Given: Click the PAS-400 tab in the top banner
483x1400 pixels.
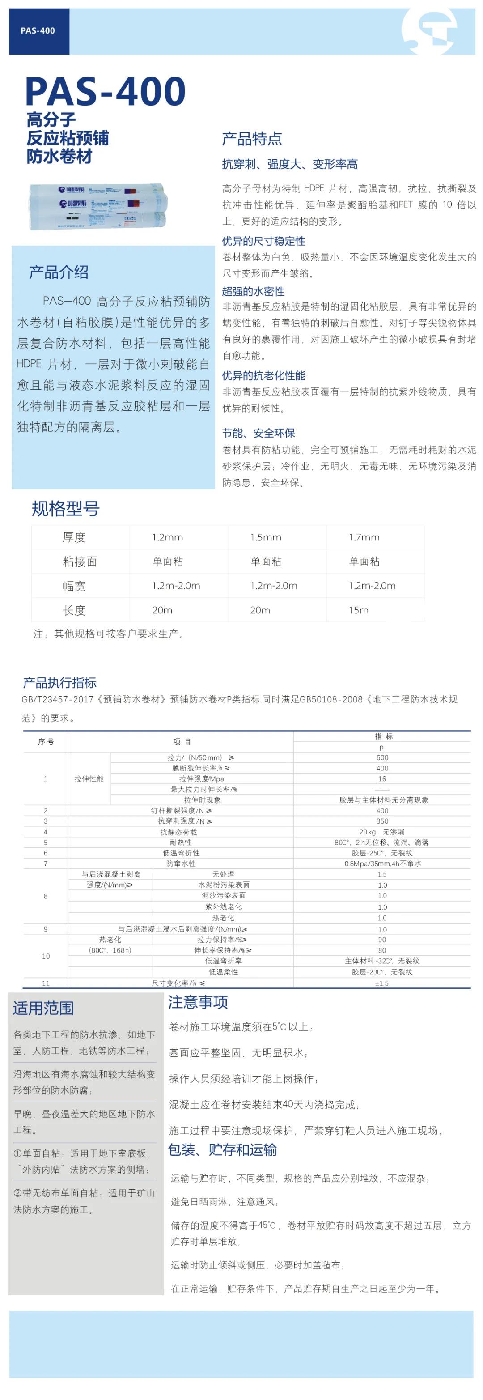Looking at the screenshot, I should coord(38,31).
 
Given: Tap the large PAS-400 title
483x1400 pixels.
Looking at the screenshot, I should coord(106,91).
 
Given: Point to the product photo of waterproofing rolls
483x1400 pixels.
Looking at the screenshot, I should coord(98,207).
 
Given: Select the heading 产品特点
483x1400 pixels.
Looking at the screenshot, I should coord(251,139).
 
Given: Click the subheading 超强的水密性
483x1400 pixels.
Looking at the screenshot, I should coord(253,291).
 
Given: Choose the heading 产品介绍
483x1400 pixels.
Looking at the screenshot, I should coord(59,272).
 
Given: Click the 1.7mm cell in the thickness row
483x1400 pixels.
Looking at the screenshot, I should coord(364,537).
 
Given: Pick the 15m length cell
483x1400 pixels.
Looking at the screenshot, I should coord(359,610).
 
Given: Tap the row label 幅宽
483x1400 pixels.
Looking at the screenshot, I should coord(74,586).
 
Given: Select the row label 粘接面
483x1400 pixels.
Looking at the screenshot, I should coord(80,562).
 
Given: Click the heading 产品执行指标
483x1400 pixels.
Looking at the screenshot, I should coord(60,683).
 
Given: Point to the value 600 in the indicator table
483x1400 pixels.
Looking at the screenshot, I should coord(382,757).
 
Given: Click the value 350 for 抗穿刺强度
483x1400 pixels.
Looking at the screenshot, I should coord(382,821).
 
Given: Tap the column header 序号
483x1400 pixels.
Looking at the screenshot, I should coord(46,742).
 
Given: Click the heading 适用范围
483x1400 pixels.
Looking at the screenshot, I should coord(43,1008).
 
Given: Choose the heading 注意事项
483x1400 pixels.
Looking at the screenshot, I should coord(198,1002).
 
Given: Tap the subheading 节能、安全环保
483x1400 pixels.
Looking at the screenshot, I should coord(258,433).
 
